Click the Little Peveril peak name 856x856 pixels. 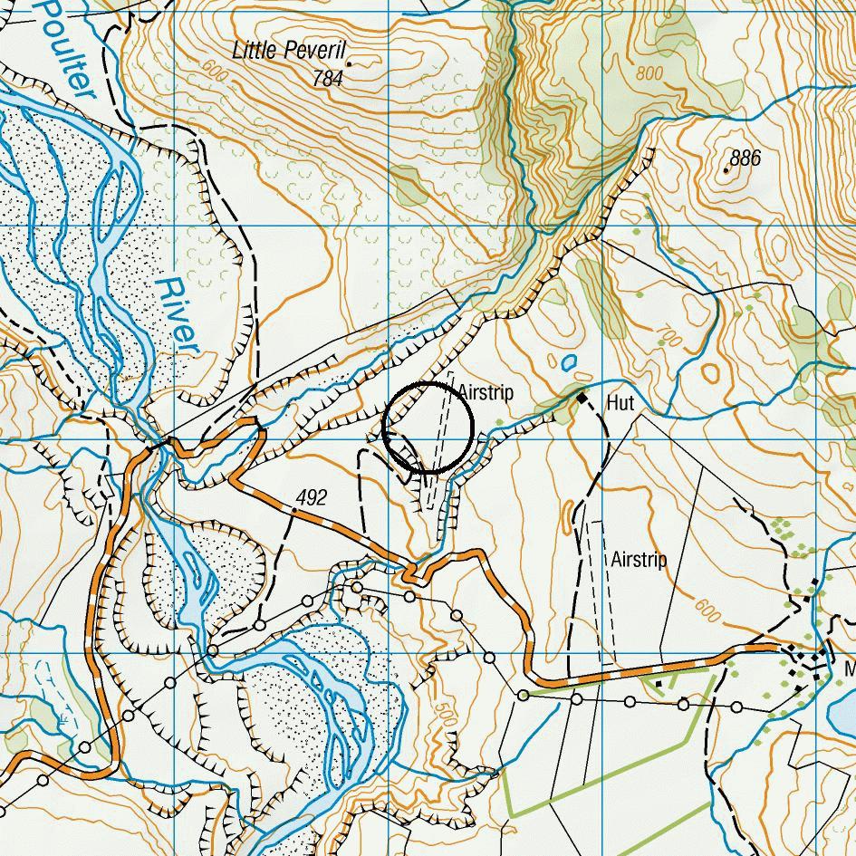pos(289,51)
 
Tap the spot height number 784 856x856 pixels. pos(327,80)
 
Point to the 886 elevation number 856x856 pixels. pos(745,159)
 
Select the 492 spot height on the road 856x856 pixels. pos(311,498)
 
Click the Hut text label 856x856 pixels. pos(620,402)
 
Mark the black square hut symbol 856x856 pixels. pos(582,398)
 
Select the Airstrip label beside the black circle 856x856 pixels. pos(486,393)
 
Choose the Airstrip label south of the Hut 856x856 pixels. pos(639,560)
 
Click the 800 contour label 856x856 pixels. pos(649,73)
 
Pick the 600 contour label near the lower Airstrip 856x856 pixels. pos(707,612)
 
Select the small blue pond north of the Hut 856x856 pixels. pos(569,363)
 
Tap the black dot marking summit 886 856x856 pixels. pos(726,168)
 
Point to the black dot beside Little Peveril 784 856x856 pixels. pos(349,64)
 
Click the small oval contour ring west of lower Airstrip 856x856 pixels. pos(568,516)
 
